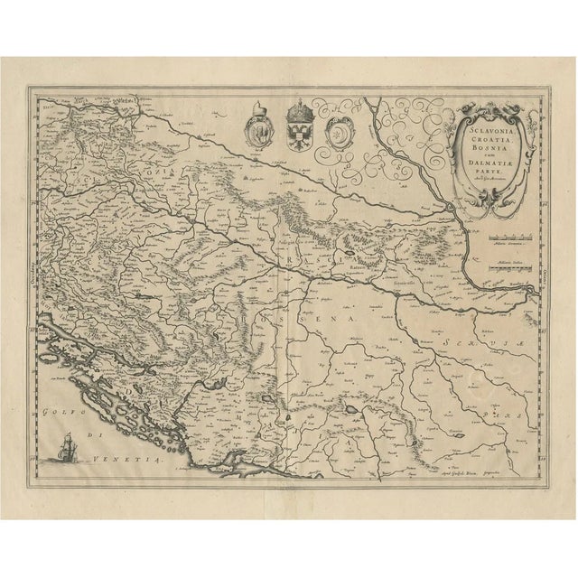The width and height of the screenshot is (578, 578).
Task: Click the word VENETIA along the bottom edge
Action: (139, 460)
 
